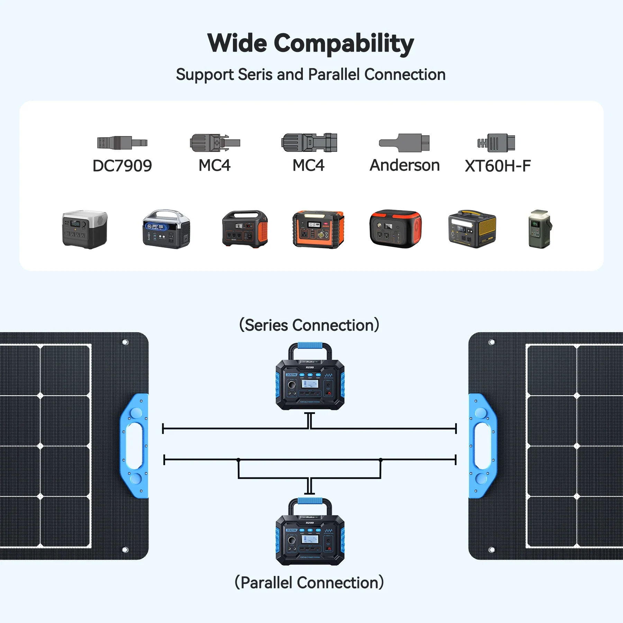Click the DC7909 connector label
(x=122, y=166)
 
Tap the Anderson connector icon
(x=404, y=143)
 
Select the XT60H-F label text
(x=497, y=166)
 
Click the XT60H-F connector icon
(x=496, y=143)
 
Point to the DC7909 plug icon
(x=122, y=143)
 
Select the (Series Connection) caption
(x=309, y=325)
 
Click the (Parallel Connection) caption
(x=309, y=583)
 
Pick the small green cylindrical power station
(x=539, y=229)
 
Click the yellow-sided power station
(x=472, y=229)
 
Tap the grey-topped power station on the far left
(x=85, y=229)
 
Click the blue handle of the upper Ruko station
(x=310, y=345)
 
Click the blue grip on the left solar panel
(x=134, y=446)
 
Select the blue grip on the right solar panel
(x=482, y=446)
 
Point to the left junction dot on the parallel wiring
(x=238, y=460)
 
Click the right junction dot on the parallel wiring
(x=381, y=460)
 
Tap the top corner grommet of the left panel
(x=125, y=342)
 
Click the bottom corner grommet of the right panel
(x=491, y=550)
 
